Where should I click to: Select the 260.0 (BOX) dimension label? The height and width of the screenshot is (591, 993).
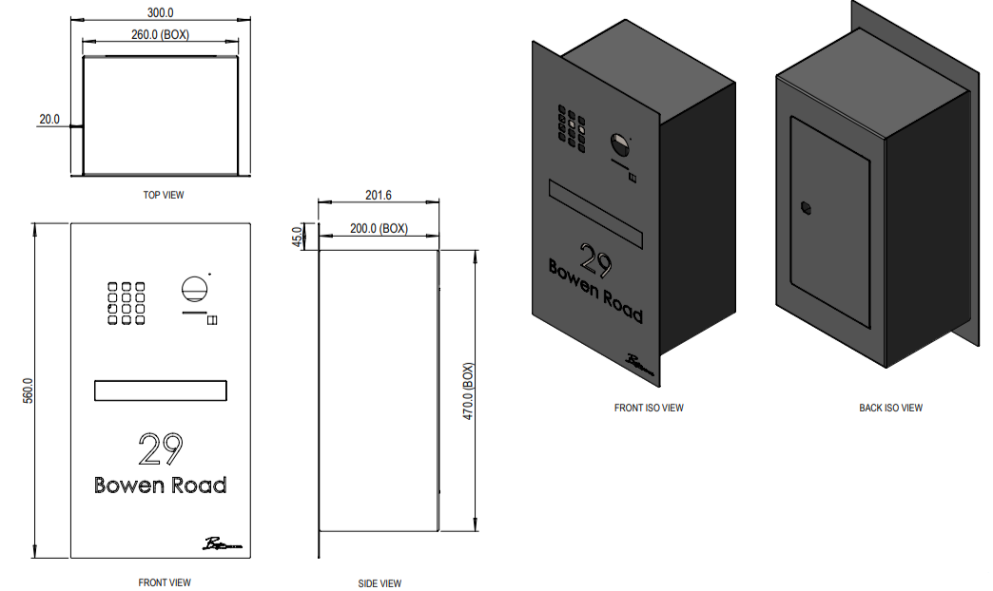click(x=160, y=34)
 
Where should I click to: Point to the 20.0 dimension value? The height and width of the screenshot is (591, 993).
click(x=49, y=120)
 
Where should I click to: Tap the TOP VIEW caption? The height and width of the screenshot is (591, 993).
click(x=164, y=195)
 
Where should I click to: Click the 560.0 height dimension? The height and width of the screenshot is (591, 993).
click(x=27, y=392)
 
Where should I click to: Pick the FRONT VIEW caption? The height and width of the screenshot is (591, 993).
click(x=165, y=582)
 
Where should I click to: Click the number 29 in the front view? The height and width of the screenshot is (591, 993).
click(x=160, y=448)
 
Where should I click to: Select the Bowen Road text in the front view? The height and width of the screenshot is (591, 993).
click(x=160, y=485)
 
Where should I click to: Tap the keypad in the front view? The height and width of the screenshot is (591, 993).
click(x=125, y=303)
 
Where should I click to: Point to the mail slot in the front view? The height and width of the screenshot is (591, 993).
click(x=160, y=390)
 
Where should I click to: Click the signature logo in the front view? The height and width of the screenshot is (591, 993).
click(x=222, y=544)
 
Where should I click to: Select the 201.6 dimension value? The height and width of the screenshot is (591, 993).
click(x=378, y=196)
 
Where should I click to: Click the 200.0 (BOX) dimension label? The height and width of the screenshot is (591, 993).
click(x=379, y=229)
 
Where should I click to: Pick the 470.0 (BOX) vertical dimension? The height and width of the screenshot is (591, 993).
click(x=468, y=391)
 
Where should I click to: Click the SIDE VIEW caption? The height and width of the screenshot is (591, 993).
click(x=380, y=583)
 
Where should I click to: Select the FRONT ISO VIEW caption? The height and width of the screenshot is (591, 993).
click(x=649, y=408)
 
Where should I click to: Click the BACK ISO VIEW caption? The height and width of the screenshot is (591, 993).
click(x=890, y=408)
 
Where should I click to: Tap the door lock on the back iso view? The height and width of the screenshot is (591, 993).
click(x=807, y=207)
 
